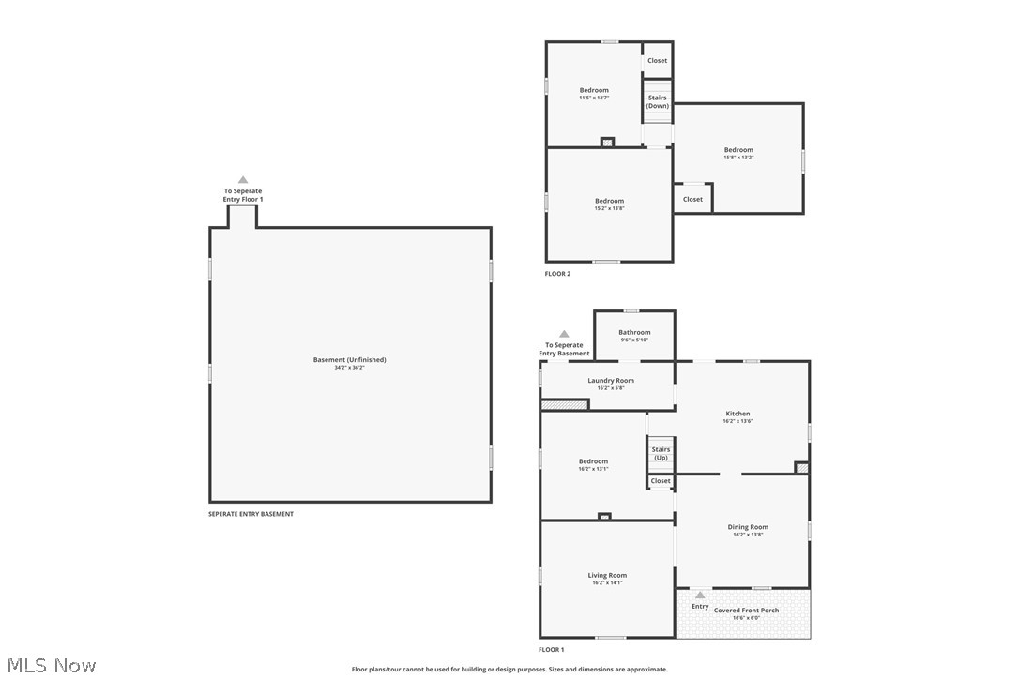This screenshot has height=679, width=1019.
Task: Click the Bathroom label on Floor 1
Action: (634, 333)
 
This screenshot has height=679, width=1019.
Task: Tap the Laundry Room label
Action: (611, 381)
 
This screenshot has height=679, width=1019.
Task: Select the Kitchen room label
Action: (738, 414)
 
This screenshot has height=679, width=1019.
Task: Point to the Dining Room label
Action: (748, 527)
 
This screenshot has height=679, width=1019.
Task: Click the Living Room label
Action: (607, 576)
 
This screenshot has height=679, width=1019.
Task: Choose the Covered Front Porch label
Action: (746, 611)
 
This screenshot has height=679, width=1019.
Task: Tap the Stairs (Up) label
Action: (661, 453)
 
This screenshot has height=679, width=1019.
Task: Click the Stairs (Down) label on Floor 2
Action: (657, 101)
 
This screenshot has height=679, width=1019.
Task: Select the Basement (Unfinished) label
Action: (349, 360)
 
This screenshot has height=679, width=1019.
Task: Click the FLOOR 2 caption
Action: (557, 274)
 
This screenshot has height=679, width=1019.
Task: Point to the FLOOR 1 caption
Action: (551, 649)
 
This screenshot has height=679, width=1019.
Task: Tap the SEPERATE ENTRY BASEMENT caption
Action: (251, 514)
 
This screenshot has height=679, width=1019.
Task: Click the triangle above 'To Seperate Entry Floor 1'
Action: (243, 179)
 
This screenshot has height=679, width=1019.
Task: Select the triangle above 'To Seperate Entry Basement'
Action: (564, 334)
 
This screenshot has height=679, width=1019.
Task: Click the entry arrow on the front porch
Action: (700, 595)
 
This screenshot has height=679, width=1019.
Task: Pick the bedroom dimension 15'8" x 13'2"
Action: (738, 158)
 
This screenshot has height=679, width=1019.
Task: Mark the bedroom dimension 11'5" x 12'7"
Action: (594, 98)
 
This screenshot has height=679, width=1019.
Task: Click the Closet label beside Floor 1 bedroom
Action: (661, 481)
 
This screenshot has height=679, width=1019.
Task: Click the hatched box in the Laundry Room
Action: (564, 405)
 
